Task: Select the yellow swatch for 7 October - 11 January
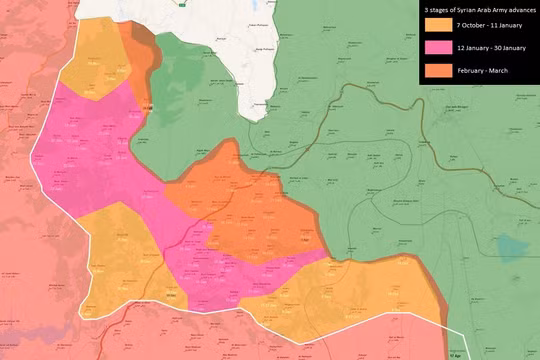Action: coord(437,25)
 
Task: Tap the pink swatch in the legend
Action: coord(437,48)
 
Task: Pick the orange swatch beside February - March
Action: coord(437,71)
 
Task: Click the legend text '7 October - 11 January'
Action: coord(485,25)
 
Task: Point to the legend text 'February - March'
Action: coord(479,71)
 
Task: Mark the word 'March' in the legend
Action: coord(498,71)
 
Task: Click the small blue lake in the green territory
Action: coord(512,248)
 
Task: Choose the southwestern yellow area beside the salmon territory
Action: coord(115,250)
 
